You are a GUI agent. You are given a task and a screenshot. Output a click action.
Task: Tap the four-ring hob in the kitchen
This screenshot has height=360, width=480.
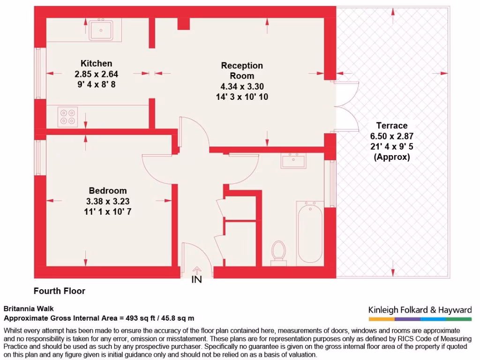[x=67, y=116]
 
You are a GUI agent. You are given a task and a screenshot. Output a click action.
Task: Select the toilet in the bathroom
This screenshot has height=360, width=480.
[x=279, y=252]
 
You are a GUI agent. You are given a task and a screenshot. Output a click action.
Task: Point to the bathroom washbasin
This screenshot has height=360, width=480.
[x=293, y=161]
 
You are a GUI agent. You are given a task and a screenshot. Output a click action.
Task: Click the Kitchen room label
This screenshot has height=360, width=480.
[x=96, y=64]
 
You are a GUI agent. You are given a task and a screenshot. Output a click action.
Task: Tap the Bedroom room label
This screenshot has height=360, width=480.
[x=108, y=191]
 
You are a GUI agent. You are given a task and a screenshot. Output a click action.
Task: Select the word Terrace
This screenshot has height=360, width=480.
[x=391, y=126]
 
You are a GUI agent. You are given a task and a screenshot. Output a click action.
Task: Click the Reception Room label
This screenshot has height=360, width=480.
[x=242, y=71]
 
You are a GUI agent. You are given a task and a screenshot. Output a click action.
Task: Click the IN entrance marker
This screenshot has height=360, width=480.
[x=197, y=280]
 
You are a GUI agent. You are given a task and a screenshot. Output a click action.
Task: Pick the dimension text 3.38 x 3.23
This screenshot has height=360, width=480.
[x=108, y=201]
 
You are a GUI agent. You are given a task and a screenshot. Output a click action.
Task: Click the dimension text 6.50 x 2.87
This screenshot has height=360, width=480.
[x=391, y=136]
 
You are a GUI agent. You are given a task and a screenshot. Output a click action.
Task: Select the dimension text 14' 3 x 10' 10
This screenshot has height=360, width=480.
[x=242, y=97]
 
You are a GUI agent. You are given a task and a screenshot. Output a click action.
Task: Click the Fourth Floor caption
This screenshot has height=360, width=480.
[x=60, y=291]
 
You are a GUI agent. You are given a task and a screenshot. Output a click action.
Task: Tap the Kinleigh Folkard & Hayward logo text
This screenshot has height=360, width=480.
[x=420, y=310]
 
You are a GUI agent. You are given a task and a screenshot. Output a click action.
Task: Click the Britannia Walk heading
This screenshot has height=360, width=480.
[x=29, y=308]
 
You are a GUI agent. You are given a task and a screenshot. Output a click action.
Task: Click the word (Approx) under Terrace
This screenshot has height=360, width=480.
[x=391, y=157]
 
